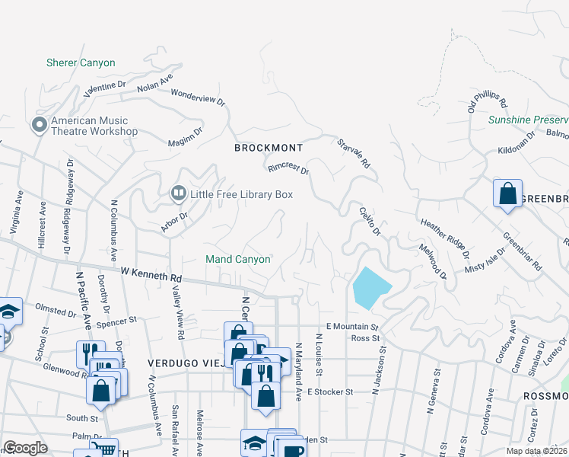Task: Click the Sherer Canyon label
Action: [x=81, y=63]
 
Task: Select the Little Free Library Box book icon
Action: [x=178, y=194]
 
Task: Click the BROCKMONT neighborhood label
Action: [x=269, y=148]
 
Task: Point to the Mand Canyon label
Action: [x=238, y=260]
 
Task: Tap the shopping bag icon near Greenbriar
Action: [x=507, y=193]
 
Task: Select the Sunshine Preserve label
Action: [x=528, y=120]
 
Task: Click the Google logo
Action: [x=25, y=448]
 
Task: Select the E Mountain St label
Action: [x=351, y=327]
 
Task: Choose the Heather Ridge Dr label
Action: [x=445, y=238]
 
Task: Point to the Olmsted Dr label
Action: [x=56, y=313]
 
